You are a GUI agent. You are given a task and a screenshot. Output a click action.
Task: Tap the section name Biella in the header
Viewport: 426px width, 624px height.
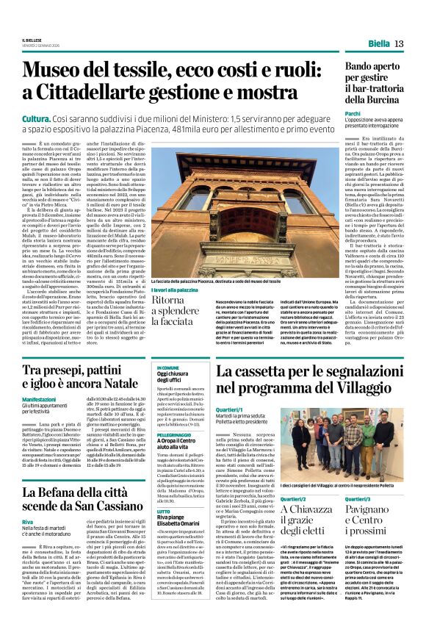(379, 44)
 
